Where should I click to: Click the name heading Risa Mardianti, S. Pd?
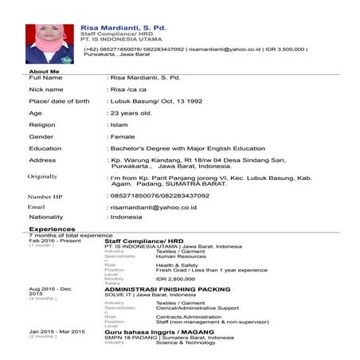pos(123,28)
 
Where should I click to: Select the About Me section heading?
pos(45,72)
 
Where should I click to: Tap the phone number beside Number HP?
pos(159,195)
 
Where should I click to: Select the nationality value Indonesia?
pos(126,217)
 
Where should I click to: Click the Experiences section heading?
pos(53,229)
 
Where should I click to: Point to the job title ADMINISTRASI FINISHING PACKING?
pos(167,289)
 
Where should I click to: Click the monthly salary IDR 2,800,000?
pos(176,279)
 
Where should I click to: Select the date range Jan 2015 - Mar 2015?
pos(57,331)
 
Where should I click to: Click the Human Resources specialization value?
pos(179,256)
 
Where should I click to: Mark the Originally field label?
pos(43,176)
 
